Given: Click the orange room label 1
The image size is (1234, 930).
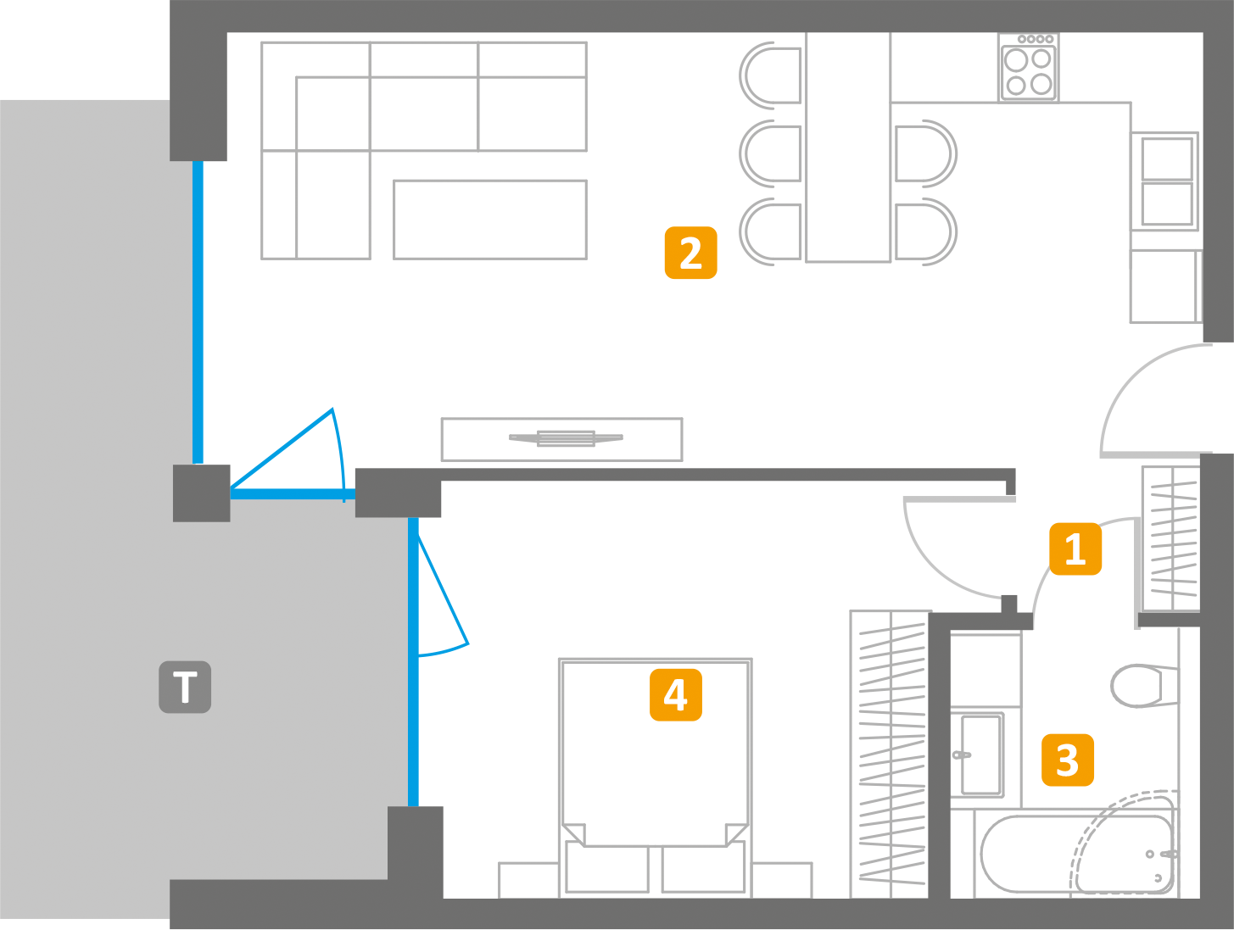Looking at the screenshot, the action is click(1075, 549).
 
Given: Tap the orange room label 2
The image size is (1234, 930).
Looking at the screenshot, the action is click(690, 253).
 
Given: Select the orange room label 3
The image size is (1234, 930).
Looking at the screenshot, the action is click(1068, 760).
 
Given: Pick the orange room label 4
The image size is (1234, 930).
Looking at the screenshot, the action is click(676, 694).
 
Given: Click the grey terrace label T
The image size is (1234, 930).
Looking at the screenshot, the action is click(185, 688).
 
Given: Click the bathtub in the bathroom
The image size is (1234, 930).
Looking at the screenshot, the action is click(1076, 855).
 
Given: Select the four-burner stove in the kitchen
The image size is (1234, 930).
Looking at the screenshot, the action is click(1028, 68).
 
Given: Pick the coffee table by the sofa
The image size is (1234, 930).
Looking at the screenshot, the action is click(489, 220).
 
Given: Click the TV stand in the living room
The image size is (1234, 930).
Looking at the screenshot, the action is click(561, 439).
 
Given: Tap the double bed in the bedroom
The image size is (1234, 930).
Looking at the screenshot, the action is click(656, 778).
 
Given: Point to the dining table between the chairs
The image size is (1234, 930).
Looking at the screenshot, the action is click(848, 148).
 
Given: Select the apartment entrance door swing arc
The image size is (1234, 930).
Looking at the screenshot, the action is click(1156, 400).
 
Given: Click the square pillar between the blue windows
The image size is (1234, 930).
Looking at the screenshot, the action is click(201, 493).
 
